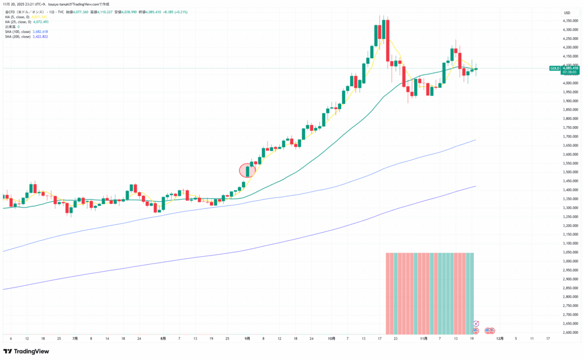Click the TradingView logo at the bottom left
point(27,351)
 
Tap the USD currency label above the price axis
point(567,13)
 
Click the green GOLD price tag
point(554,68)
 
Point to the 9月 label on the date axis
point(247,338)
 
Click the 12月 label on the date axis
point(500,338)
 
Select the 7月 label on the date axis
point(75,338)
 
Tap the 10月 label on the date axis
point(331,338)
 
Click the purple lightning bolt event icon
point(476,324)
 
